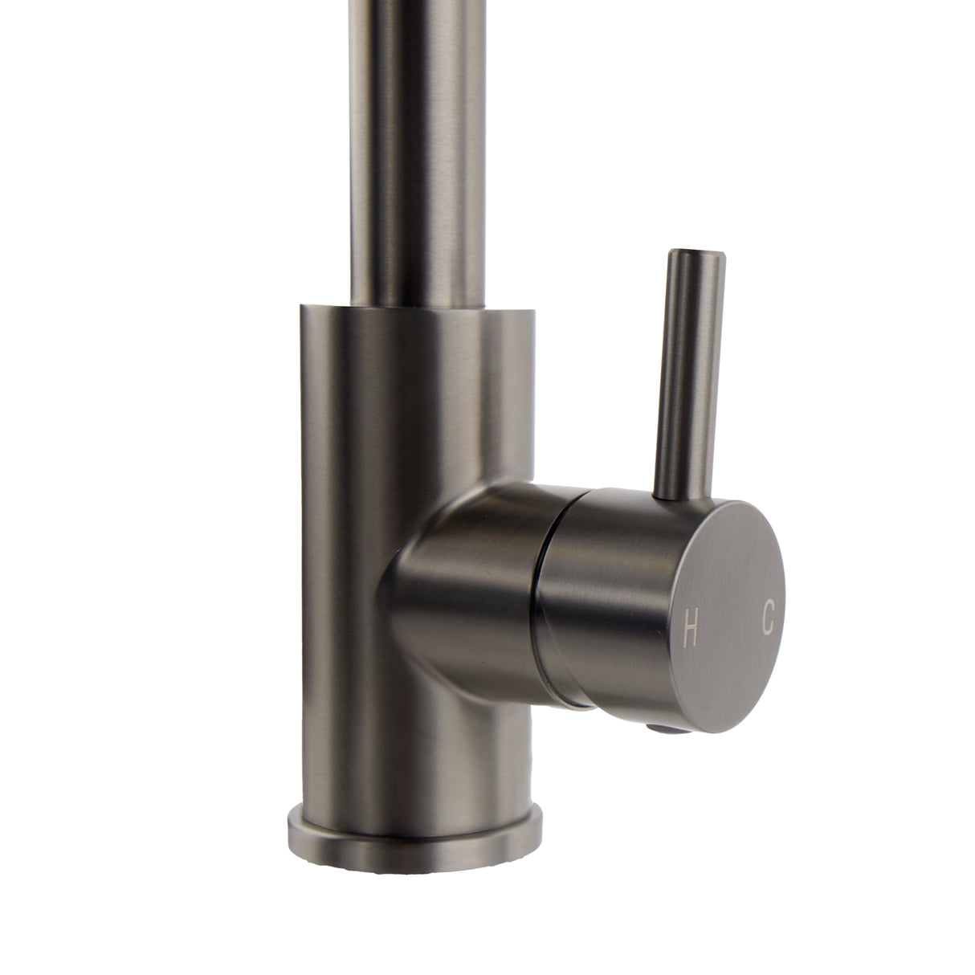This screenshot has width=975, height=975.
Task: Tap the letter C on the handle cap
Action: tap(768, 618)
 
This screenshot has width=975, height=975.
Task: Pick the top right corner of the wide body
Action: tap(531, 312)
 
